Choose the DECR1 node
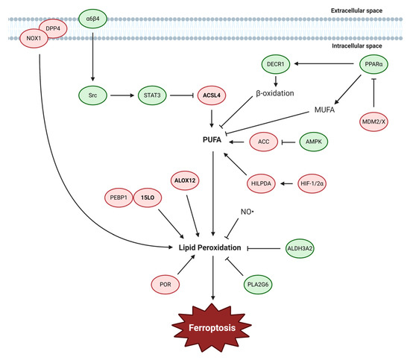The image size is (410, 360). point(278,66)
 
